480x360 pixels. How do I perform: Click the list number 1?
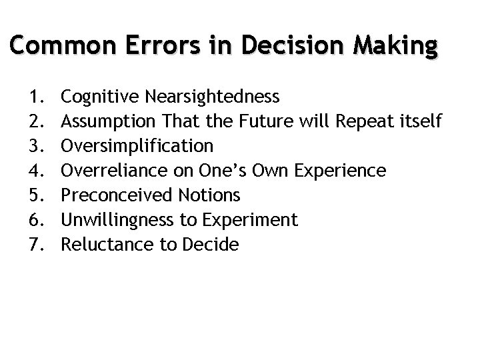point(37,97)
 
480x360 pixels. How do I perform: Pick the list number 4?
point(37,171)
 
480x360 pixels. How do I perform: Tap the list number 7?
point(37,245)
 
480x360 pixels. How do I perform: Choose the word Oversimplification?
point(137,146)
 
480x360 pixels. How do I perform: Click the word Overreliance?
point(108,171)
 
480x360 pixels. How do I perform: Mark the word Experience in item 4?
point(342,171)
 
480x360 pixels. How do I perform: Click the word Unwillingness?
point(112,220)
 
